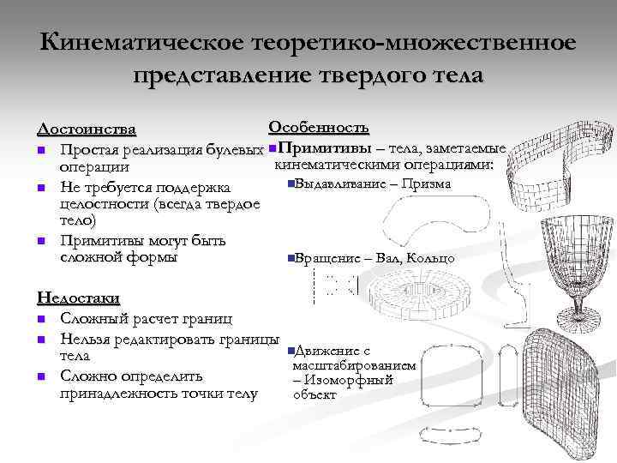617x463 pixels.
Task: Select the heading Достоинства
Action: pos(87,129)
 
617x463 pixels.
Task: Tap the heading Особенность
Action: pos(319,128)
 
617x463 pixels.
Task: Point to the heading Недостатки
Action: pos(78,298)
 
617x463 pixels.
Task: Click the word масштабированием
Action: pos(354,365)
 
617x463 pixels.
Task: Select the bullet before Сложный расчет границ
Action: pos(40,319)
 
